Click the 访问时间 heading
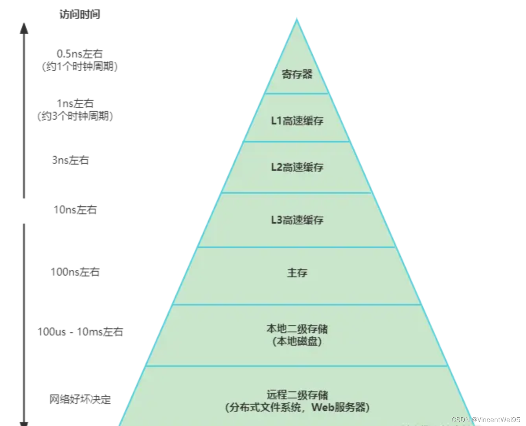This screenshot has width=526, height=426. pyautogui.click(x=80, y=15)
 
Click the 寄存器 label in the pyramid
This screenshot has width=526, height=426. pyautogui.click(x=297, y=74)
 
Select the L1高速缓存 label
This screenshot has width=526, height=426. pyautogui.click(x=297, y=120)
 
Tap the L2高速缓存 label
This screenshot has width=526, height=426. pyautogui.click(x=297, y=167)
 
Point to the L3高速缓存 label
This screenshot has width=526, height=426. pyautogui.click(x=297, y=220)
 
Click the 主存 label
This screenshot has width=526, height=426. pyautogui.click(x=297, y=272)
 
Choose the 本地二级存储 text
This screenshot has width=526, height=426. pyautogui.click(x=297, y=328)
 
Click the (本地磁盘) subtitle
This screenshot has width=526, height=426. pyautogui.click(x=297, y=341)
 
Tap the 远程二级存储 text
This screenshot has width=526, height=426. pyautogui.click(x=297, y=395)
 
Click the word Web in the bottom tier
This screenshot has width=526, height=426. pyautogui.click(x=322, y=407)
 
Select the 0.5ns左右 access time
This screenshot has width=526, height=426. pyautogui.click(x=80, y=54)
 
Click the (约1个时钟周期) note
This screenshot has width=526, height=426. pyautogui.click(x=80, y=66)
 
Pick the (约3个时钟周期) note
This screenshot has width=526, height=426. pyautogui.click(x=75, y=116)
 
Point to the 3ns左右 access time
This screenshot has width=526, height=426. pyautogui.click(x=71, y=160)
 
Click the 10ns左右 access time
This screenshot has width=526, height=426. pyautogui.click(x=75, y=209)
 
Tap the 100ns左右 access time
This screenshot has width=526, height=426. pyautogui.click(x=75, y=272)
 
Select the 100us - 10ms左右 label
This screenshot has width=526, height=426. pyautogui.click(x=80, y=332)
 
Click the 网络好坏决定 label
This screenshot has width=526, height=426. pyautogui.click(x=80, y=399)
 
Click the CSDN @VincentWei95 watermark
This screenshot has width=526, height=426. pyautogui.click(x=486, y=420)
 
